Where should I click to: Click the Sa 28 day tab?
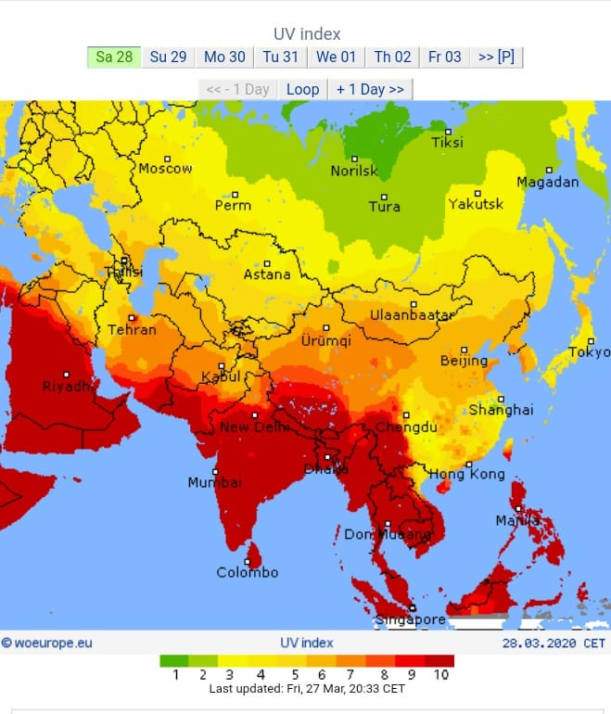pos(114,57)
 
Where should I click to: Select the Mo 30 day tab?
pos(224,57)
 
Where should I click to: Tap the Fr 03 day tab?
pos(444,57)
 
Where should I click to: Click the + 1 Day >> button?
pos(370,89)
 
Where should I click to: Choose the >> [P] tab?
pos(496,57)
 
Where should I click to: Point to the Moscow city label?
pos(166,169)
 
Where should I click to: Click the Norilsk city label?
pos(354,171)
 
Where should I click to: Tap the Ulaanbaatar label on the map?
pos(413,315)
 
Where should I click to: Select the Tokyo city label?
pos(589,352)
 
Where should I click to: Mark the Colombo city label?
pos(248,572)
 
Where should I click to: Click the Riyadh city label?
pos(67,387)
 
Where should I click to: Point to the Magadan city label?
pos(547,182)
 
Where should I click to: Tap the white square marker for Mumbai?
pos(215,471)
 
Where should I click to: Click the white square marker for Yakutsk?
pos(478,193)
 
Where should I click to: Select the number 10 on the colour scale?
pos(440,675)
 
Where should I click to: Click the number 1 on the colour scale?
pos(175,675)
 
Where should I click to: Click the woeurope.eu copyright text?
pos(47,643)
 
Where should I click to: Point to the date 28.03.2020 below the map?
pos(540,643)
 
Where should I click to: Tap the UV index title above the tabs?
pos(307,34)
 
